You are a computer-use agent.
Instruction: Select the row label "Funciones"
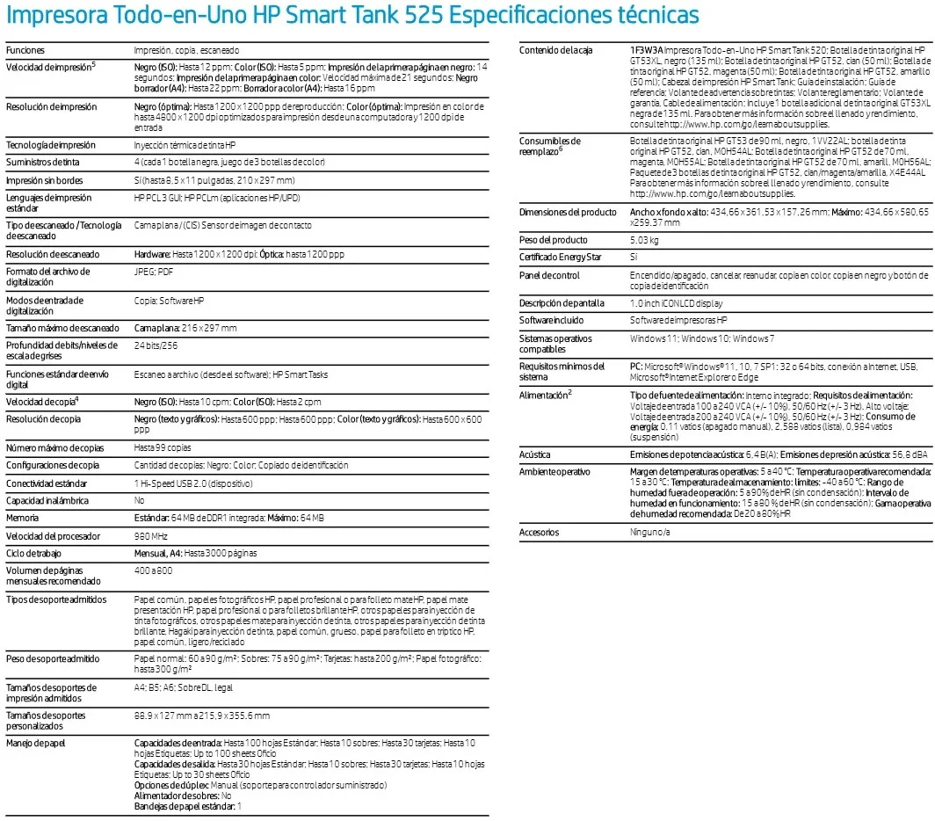click(25, 51)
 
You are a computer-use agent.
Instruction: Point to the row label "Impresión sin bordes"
click(44, 180)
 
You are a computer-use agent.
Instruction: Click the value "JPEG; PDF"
click(154, 272)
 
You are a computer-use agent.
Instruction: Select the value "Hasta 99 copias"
click(163, 447)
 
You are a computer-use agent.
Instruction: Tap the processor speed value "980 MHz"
click(150, 536)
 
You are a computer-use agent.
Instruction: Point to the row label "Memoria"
click(23, 519)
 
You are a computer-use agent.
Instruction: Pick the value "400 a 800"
click(153, 571)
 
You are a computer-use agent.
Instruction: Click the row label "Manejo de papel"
click(36, 744)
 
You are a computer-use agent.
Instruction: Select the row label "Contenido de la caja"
click(555, 50)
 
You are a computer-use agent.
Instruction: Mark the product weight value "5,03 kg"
click(646, 240)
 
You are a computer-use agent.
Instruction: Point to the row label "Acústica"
click(535, 454)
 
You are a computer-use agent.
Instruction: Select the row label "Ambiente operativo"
click(554, 472)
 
